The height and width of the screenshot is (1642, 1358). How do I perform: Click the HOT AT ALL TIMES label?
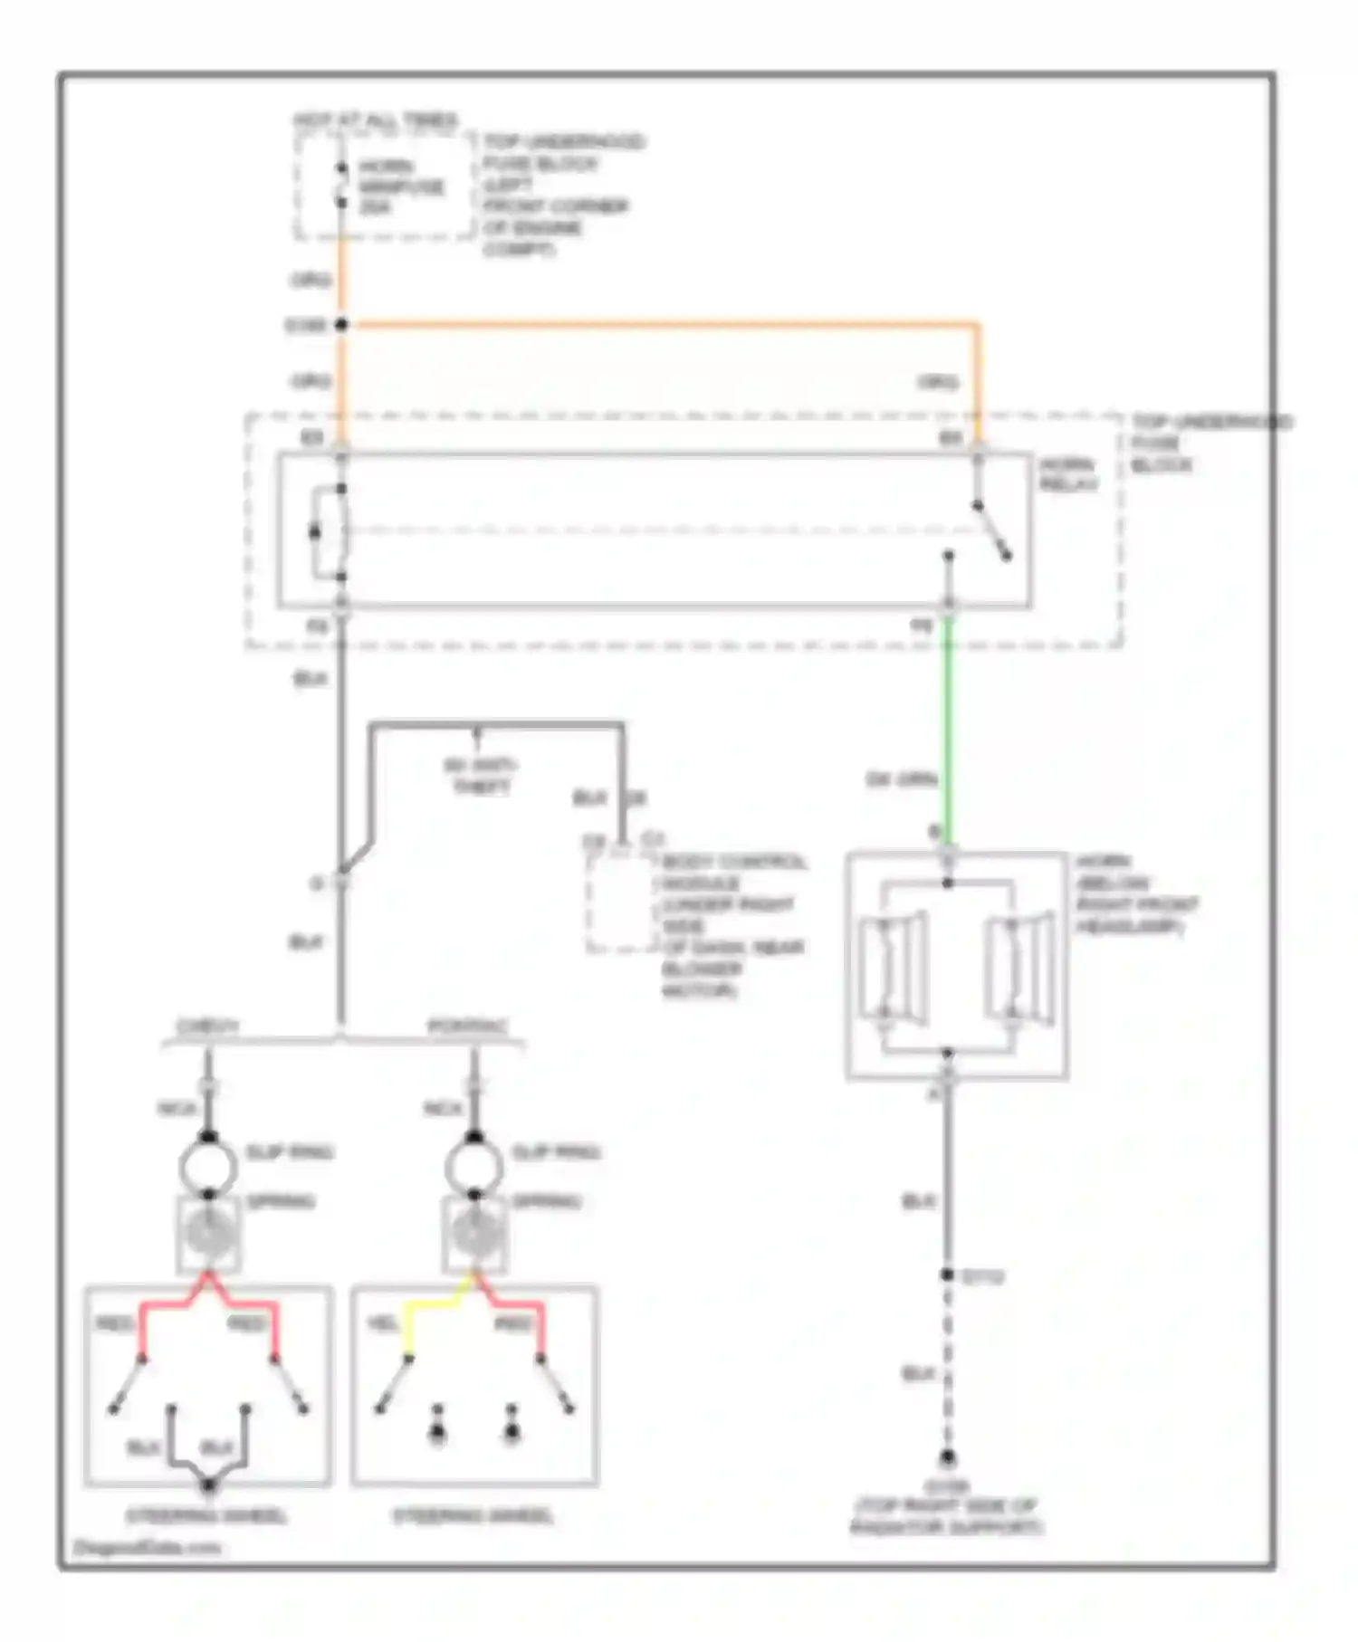(x=375, y=119)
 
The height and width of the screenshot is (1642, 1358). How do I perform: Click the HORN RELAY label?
(x=1068, y=474)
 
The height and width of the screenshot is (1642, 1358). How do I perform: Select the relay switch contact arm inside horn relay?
(x=992, y=531)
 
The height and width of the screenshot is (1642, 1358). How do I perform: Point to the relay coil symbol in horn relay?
(x=328, y=532)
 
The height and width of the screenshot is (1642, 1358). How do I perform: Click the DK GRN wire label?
(x=901, y=779)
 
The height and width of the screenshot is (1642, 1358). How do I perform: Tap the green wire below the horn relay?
(x=948, y=724)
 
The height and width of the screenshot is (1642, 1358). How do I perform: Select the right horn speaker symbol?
(x=1019, y=967)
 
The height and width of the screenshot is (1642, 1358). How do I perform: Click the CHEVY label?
(x=208, y=1027)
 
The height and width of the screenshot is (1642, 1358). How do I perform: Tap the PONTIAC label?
(x=468, y=1027)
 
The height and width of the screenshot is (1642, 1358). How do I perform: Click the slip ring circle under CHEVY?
(x=208, y=1167)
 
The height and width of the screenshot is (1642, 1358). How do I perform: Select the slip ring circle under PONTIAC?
(x=473, y=1167)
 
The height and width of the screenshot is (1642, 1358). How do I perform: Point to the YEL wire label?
(x=382, y=1323)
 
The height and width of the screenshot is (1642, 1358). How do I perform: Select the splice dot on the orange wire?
(x=341, y=324)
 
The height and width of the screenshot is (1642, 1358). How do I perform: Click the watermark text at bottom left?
(x=147, y=1547)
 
